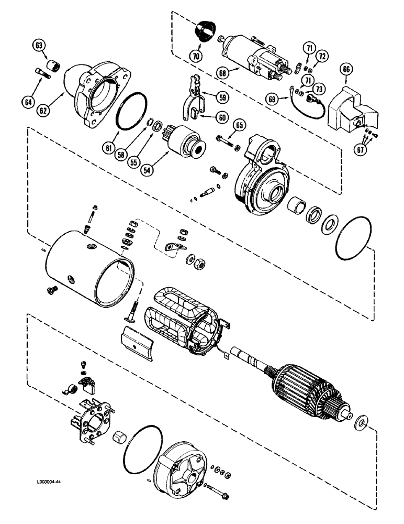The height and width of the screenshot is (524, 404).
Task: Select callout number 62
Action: [43, 111]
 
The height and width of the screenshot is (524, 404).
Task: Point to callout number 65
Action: [240, 125]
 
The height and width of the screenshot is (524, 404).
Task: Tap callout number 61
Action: [108, 148]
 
